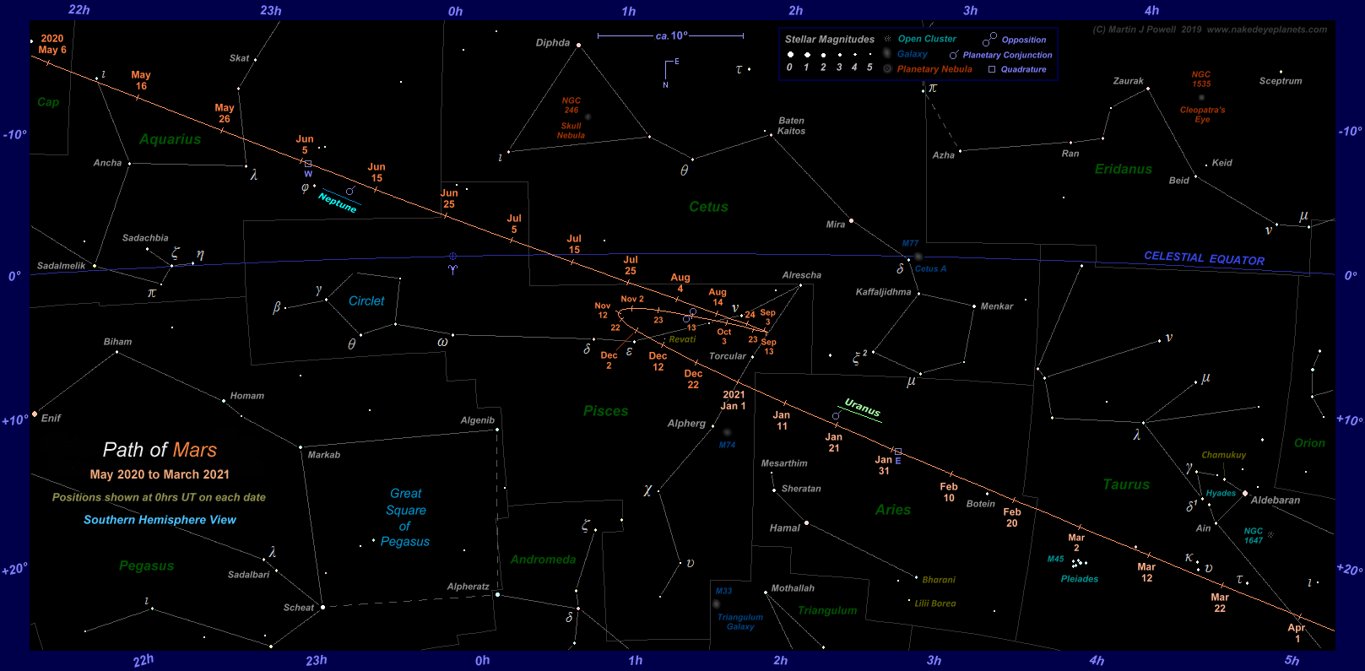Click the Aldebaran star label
pos(1275,501)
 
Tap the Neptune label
pos(338,203)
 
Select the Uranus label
pos(862,409)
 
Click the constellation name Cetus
pos(708,207)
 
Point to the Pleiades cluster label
pos(1080,579)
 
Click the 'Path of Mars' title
pos(160,450)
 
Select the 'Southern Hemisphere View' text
pos(160,520)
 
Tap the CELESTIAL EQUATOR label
pos(1204,258)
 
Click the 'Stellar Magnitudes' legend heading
pos(829,40)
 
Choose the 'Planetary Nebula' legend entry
pos(934,69)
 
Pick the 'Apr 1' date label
pos(1297,633)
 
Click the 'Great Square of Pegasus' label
pos(406,517)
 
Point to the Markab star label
pos(324,455)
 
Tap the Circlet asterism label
pos(366,301)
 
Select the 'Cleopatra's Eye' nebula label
pos(1202,115)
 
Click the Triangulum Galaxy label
pos(740,622)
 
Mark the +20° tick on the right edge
pos(1349,570)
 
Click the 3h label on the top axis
pos(971,11)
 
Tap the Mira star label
pos(836,225)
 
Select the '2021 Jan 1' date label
pos(734,400)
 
